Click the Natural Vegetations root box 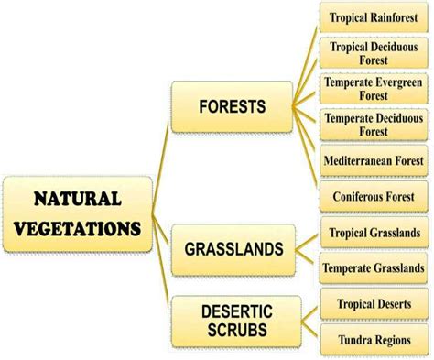[77, 214]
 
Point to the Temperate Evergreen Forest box [373, 88]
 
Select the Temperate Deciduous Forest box [373, 125]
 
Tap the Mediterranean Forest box [373, 161]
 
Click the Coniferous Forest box [373, 196]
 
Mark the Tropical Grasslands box [373, 232]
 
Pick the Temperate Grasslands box [373, 268]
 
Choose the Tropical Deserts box [373, 304]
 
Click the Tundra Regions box [373, 339]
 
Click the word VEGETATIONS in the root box [77, 228]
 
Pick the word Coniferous [355, 196]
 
